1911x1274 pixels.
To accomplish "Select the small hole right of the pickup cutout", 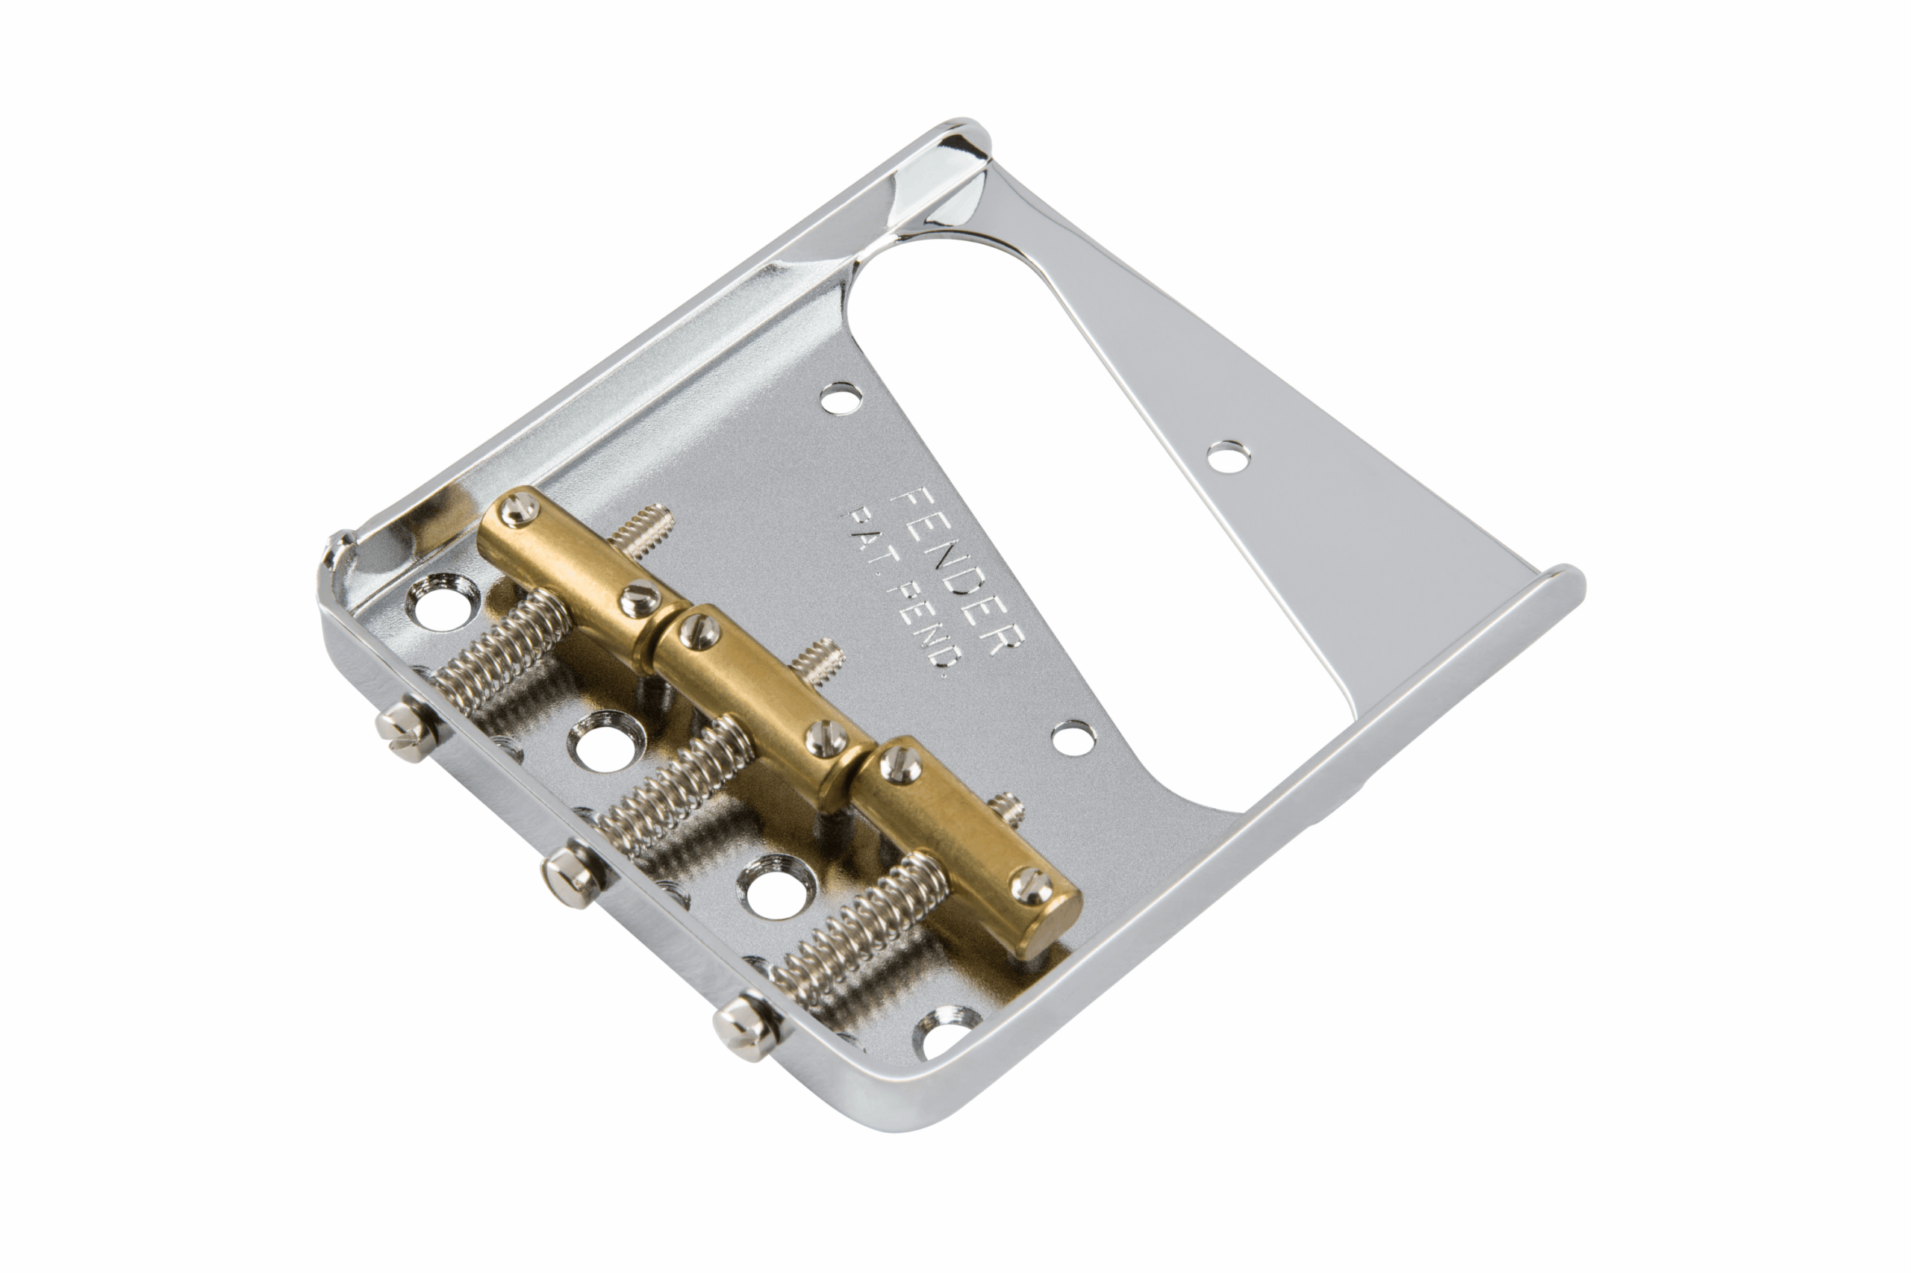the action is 1228,457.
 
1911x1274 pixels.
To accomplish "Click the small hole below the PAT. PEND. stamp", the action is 1074,736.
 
